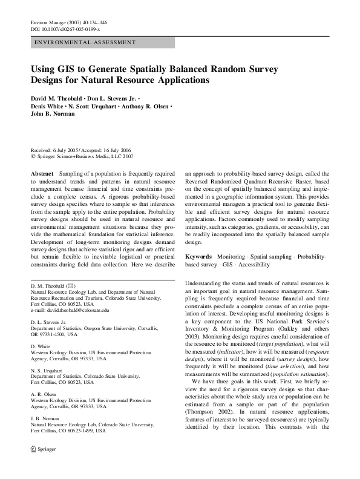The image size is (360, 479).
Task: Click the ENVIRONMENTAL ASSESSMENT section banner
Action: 85,43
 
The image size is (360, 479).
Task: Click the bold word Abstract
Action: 42,173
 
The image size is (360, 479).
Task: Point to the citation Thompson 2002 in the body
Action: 208,412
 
